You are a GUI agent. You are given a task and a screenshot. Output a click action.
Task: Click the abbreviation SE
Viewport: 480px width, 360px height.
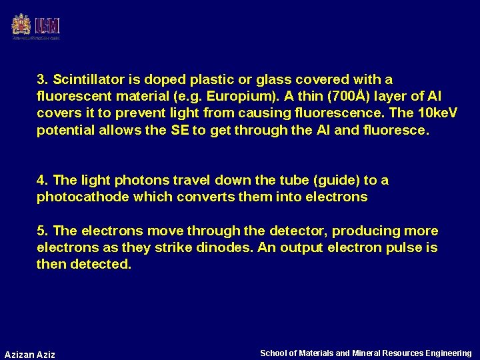click(x=180, y=130)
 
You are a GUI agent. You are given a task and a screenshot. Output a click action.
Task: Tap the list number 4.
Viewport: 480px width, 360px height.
click(x=42, y=180)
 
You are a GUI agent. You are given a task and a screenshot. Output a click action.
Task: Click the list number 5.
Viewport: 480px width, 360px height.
click(x=42, y=231)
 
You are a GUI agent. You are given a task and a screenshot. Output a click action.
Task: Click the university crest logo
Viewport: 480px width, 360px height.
click(x=21, y=25)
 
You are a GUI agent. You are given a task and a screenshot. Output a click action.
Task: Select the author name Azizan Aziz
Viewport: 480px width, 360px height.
click(x=30, y=354)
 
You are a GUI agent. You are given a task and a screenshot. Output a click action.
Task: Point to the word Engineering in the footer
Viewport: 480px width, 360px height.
click(x=448, y=353)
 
